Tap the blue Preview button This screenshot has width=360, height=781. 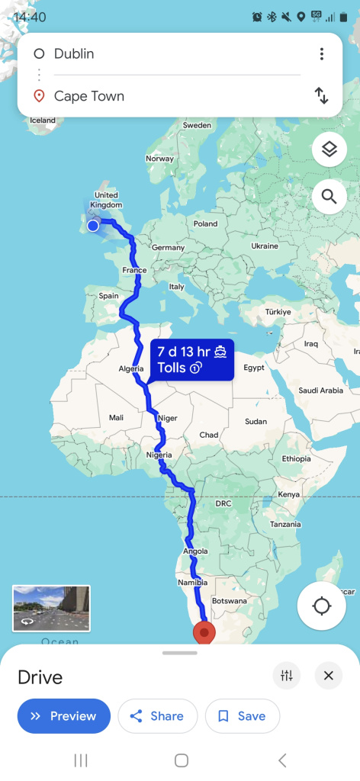click(64, 716)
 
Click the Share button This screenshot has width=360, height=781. click(157, 716)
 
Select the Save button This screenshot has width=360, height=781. click(243, 716)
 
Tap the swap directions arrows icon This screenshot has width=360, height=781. click(322, 96)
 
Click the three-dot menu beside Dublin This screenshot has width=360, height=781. click(322, 53)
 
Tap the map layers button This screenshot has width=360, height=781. click(329, 149)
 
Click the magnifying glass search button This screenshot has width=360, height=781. click(329, 197)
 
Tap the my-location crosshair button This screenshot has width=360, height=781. click(322, 606)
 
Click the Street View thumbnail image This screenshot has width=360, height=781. click(51, 608)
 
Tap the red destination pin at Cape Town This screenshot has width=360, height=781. click(204, 632)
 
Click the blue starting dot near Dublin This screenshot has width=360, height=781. click(93, 225)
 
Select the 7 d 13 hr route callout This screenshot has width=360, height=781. click(191, 360)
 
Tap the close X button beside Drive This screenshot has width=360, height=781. click(328, 675)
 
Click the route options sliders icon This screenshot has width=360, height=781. click(287, 675)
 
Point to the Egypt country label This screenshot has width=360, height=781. click(254, 368)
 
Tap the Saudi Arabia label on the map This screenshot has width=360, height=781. click(320, 390)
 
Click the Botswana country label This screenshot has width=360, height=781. click(230, 601)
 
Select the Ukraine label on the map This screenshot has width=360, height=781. click(265, 246)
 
